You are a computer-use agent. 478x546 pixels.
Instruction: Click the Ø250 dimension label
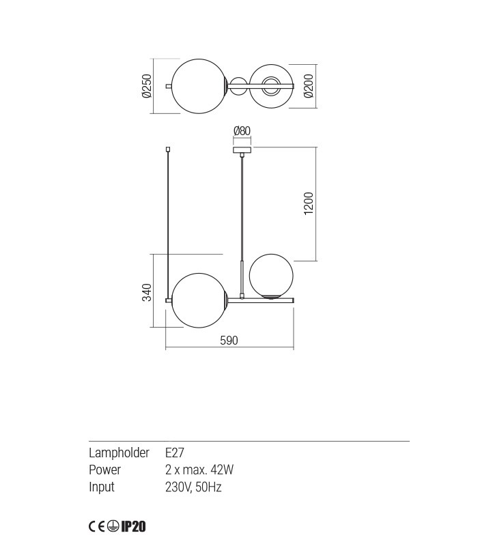click(x=146, y=87)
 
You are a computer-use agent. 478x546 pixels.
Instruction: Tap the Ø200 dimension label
click(x=309, y=86)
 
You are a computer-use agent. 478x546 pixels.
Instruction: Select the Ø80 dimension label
click(x=242, y=131)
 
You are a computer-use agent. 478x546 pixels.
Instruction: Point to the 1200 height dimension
click(x=309, y=203)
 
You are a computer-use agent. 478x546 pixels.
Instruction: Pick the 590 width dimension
click(x=229, y=341)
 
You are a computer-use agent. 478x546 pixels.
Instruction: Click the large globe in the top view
click(x=198, y=87)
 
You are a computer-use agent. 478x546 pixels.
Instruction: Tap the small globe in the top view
click(x=271, y=86)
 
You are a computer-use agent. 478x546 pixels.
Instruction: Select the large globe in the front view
click(x=199, y=299)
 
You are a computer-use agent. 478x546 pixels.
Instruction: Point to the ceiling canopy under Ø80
click(x=242, y=149)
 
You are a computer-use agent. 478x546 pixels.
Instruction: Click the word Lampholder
click(x=119, y=452)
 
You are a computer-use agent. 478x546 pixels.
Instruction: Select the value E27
click(x=175, y=452)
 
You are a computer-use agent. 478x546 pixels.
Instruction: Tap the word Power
click(x=104, y=470)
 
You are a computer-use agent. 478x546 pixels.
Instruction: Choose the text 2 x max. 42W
click(x=199, y=470)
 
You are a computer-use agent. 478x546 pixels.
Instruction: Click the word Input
click(x=102, y=487)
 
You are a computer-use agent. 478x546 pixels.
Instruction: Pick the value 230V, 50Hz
click(x=194, y=487)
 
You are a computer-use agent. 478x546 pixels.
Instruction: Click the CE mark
click(x=96, y=526)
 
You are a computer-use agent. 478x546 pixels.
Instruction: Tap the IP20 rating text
click(x=134, y=526)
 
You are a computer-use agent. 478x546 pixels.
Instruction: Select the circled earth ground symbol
click(x=113, y=526)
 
